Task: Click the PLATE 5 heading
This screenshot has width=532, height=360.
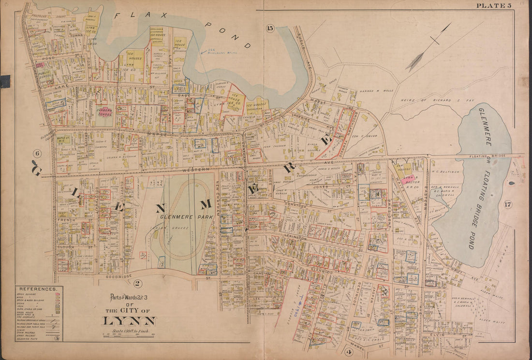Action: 493,6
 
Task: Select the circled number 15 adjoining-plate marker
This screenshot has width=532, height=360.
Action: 270,28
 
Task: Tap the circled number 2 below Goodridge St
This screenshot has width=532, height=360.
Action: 137,283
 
